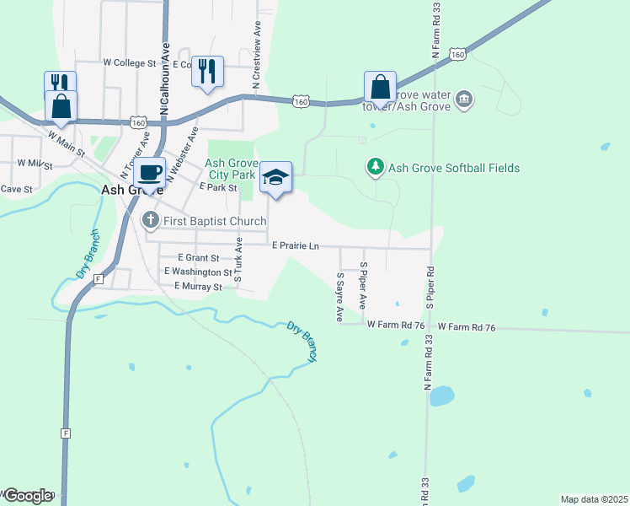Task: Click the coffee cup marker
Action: (x=150, y=173)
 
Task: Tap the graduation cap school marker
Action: (x=275, y=177)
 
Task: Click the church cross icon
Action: (x=150, y=221)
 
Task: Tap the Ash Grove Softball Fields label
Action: (x=454, y=168)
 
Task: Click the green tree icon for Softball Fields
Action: (x=376, y=167)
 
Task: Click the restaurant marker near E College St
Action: (x=207, y=71)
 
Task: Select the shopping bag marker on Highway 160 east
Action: (x=380, y=87)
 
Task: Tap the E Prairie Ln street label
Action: (x=295, y=245)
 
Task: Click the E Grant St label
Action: (x=199, y=258)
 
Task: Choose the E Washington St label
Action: (x=198, y=272)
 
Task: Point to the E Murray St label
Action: (x=197, y=287)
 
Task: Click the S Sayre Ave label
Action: (x=340, y=297)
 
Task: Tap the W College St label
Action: (x=130, y=62)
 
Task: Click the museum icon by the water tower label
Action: (x=464, y=101)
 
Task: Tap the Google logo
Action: (x=27, y=496)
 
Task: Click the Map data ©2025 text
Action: (x=594, y=499)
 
